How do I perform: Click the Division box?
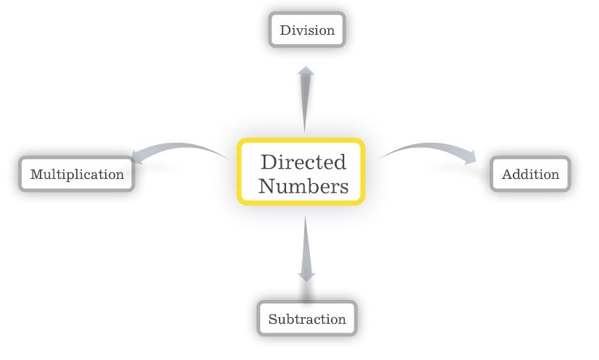(307, 30)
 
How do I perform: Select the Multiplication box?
(77, 175)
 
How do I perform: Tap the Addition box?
(530, 174)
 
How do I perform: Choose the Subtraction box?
(307, 319)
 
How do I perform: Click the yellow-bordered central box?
(301, 172)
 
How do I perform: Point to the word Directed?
(303, 162)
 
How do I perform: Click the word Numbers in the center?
(303, 186)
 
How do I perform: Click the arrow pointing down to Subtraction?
(306, 250)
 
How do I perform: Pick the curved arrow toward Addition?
(427, 149)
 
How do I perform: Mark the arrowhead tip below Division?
(306, 70)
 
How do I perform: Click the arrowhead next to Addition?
(470, 157)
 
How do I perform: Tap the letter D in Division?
(285, 30)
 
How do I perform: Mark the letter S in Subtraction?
(272, 319)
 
